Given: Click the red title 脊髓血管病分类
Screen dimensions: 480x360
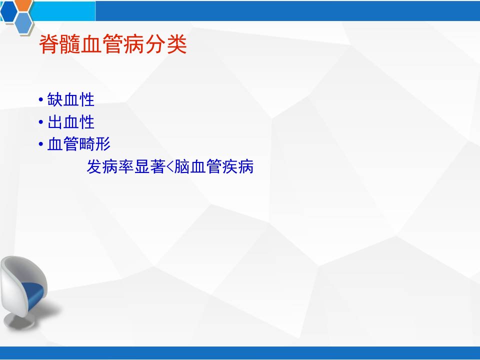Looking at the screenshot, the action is [113, 44].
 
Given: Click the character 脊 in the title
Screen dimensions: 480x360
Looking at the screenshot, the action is [49, 44].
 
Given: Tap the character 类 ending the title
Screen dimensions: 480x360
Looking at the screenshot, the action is [176, 44].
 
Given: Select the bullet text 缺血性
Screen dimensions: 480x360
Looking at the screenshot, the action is [70, 100].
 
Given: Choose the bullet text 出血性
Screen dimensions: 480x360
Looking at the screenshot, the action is [70, 122].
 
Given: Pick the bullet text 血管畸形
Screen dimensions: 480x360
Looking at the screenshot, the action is [78, 144].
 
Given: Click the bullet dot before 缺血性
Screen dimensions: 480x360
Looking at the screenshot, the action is [41, 100].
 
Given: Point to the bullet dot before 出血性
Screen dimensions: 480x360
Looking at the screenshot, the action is [41, 122].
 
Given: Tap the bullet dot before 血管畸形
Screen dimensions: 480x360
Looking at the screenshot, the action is [41, 144].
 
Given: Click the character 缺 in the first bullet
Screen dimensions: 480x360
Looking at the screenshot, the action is [55, 100].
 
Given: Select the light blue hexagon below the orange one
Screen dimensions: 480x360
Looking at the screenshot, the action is [23, 23].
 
